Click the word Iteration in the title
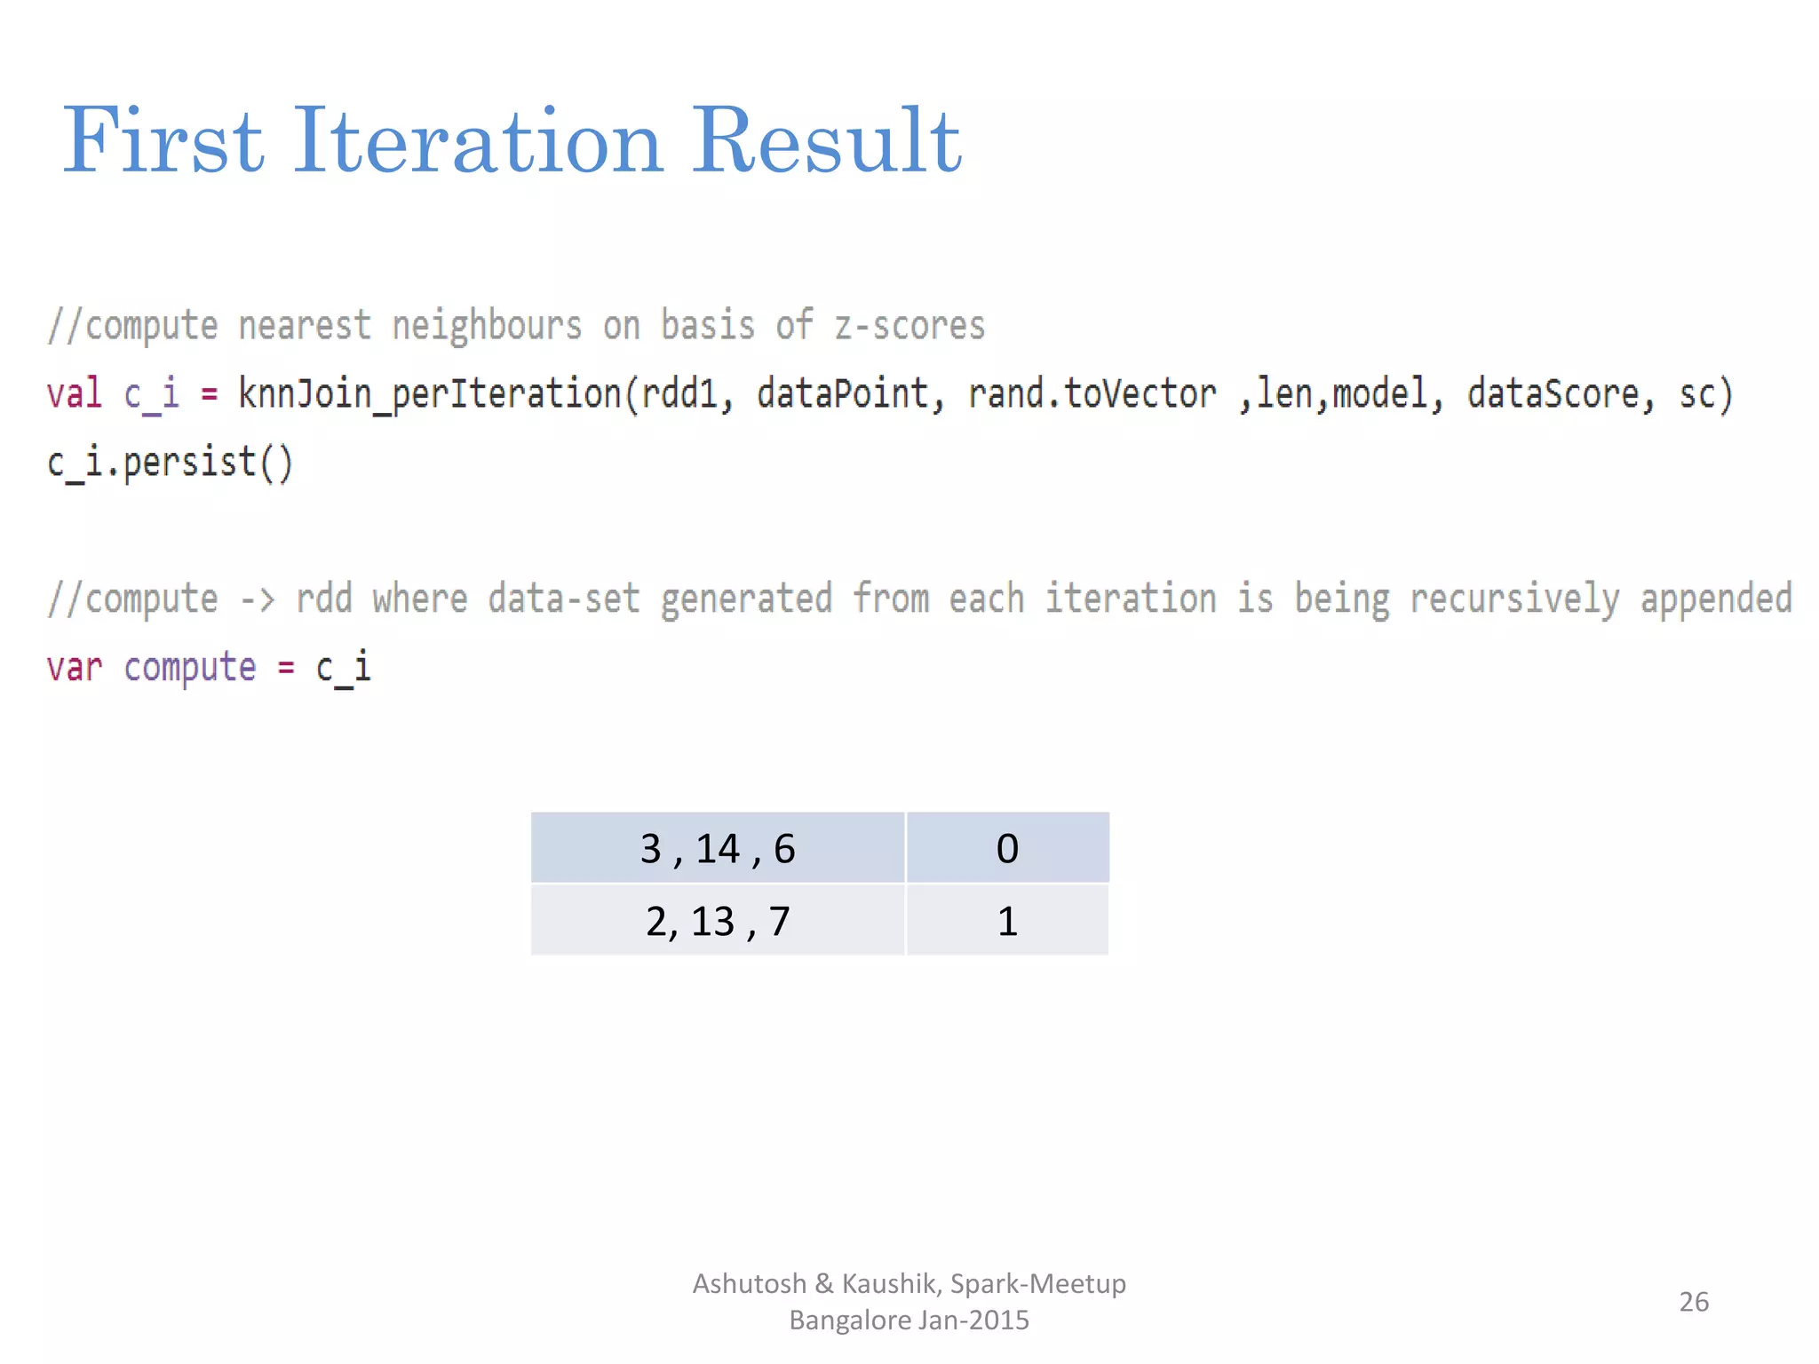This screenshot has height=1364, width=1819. pyautogui.click(x=477, y=142)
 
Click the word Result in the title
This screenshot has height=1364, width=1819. pyautogui.click(x=826, y=142)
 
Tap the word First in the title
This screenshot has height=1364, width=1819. pyautogui.click(x=163, y=142)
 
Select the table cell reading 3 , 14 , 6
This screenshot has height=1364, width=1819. pyautogui.click(x=718, y=848)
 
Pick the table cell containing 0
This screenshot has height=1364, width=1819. pyautogui.click(x=1007, y=848)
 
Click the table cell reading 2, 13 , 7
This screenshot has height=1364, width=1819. pyautogui.click(x=718, y=921)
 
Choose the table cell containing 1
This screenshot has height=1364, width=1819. pyautogui.click(x=1007, y=921)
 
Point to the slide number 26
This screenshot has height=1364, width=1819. pyautogui.click(x=1694, y=1302)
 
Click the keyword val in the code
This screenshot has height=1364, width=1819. pyautogui.click(x=75, y=393)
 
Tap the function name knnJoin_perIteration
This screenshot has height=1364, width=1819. pyautogui.click(x=431, y=393)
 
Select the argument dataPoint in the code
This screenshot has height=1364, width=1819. pyautogui.click(x=842, y=393)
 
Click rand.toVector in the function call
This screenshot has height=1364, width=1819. pyautogui.click(x=1092, y=393)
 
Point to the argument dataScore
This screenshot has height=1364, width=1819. pyautogui.click(x=1553, y=393)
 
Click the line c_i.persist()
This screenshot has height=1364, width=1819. pyautogui.click(x=170, y=463)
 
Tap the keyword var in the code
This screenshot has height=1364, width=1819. pyautogui.click(x=75, y=668)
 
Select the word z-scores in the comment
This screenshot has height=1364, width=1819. pyautogui.click(x=909, y=325)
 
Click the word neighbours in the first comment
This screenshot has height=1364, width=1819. pyautogui.click(x=487, y=325)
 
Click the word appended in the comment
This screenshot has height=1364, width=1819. pyautogui.click(x=1716, y=599)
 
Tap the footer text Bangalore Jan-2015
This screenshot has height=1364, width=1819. pyautogui.click(x=909, y=1320)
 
